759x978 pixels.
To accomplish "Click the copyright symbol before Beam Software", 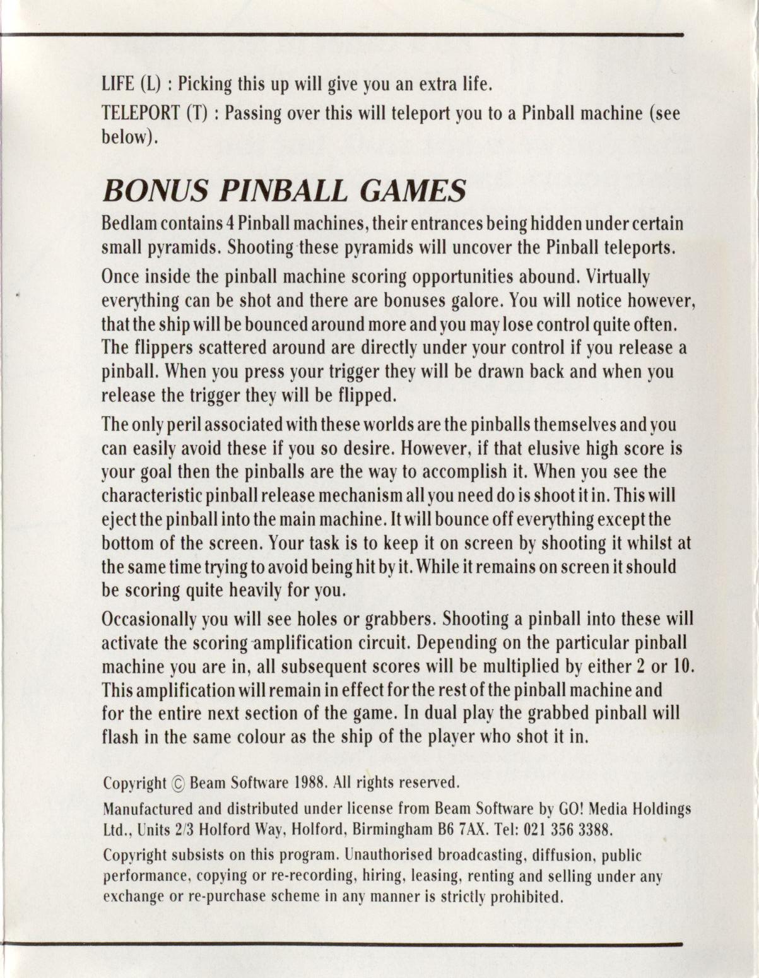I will pos(178,784).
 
